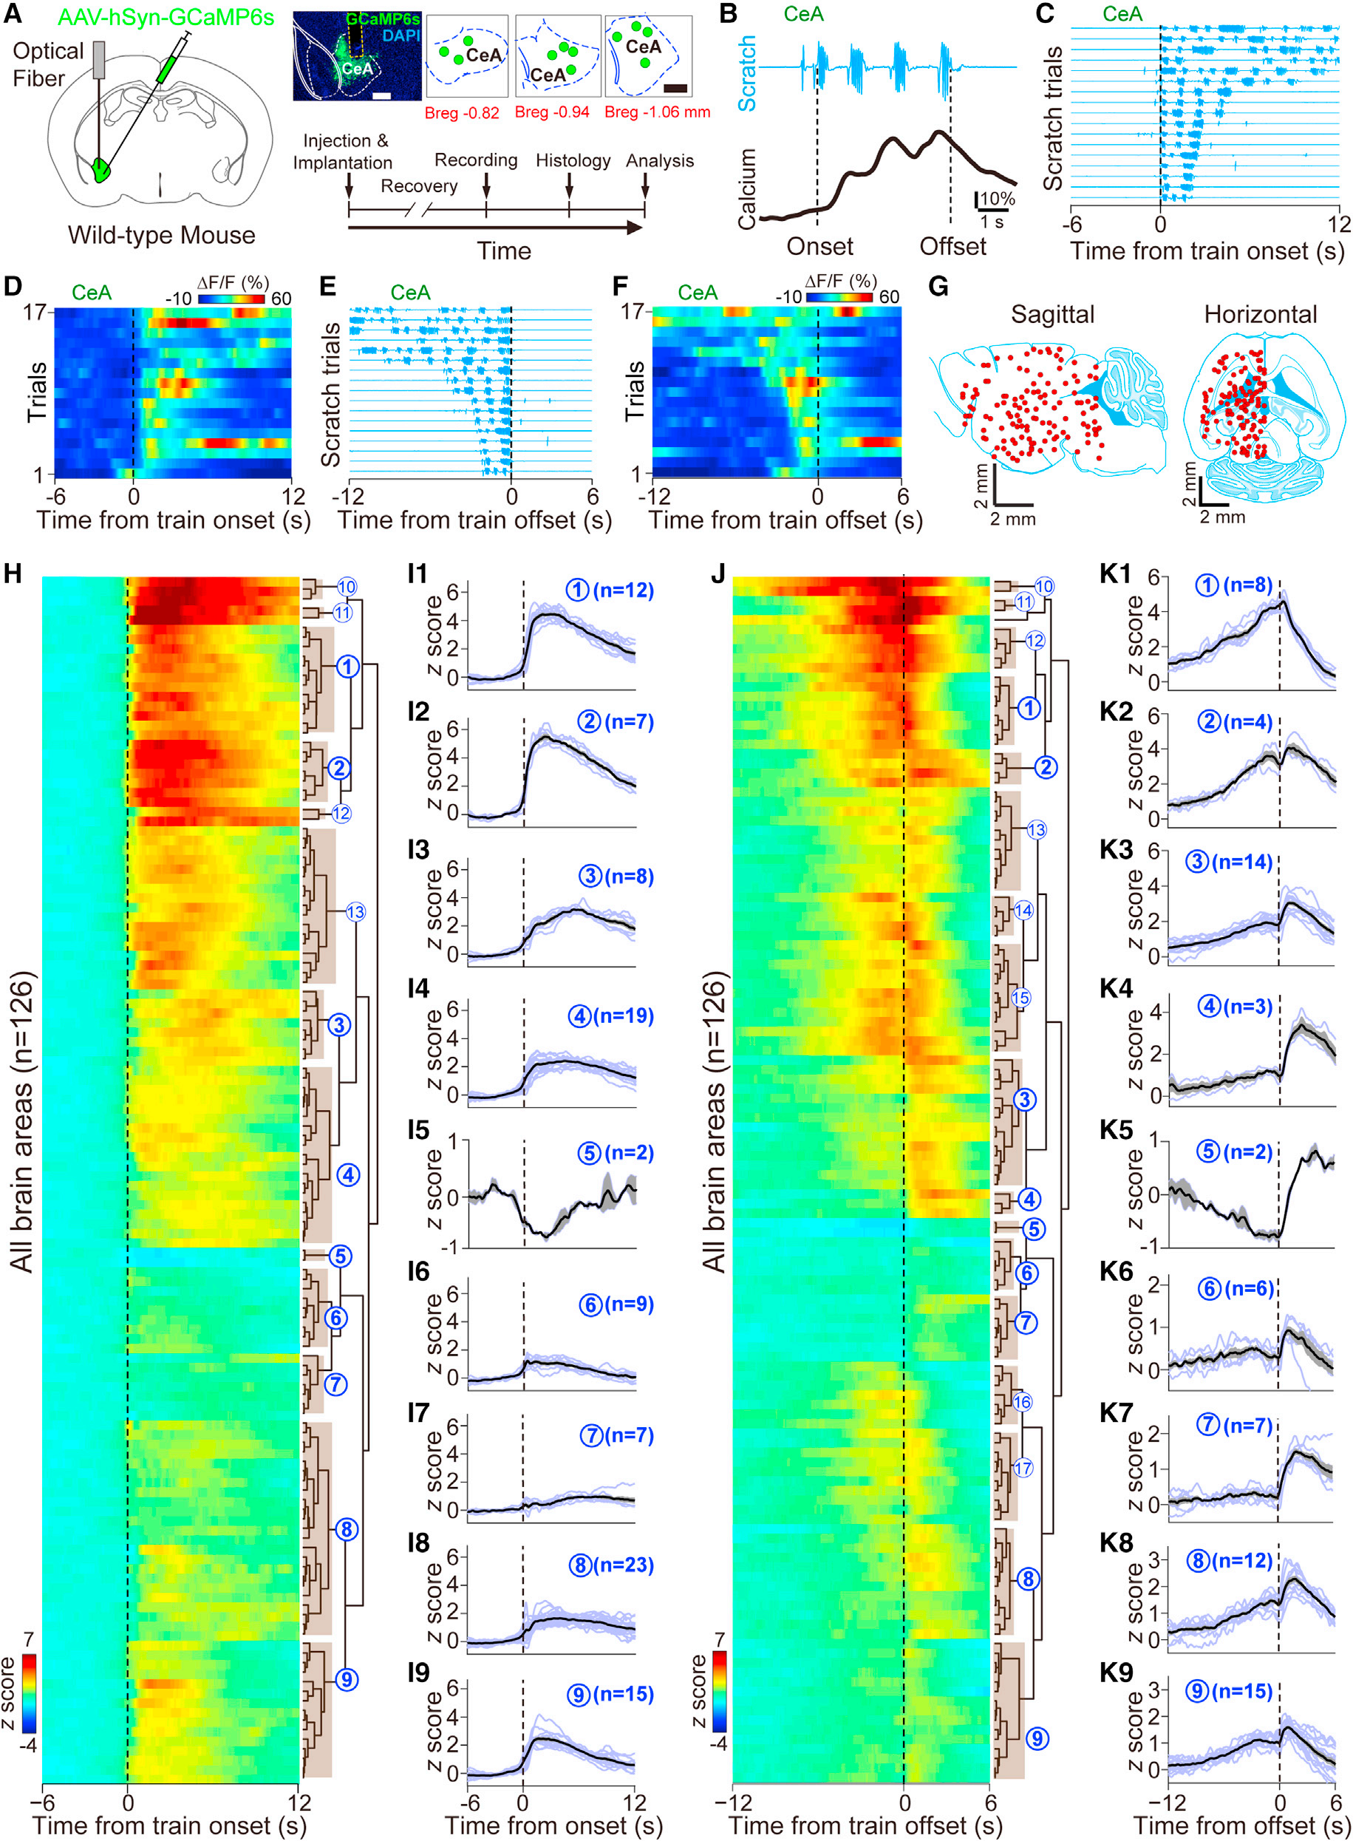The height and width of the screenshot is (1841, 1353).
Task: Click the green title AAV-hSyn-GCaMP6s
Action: click(166, 17)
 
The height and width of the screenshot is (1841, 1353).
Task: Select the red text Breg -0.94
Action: click(552, 112)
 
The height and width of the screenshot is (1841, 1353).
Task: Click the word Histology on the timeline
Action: click(573, 160)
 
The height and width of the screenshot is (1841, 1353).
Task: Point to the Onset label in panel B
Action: click(819, 247)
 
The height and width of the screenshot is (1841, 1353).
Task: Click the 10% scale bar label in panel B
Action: click(998, 199)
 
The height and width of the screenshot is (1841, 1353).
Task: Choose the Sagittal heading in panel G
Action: click(1052, 315)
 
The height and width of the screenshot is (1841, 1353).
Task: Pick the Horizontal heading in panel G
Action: click(1260, 315)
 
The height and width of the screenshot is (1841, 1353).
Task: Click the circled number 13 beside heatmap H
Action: click(355, 912)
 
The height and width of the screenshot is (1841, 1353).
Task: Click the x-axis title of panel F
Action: click(785, 520)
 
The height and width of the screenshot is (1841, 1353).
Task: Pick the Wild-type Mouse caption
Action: click(161, 236)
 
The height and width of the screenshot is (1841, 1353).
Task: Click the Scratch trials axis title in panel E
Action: click(331, 395)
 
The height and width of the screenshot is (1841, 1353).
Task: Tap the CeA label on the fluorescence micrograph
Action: click(356, 69)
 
